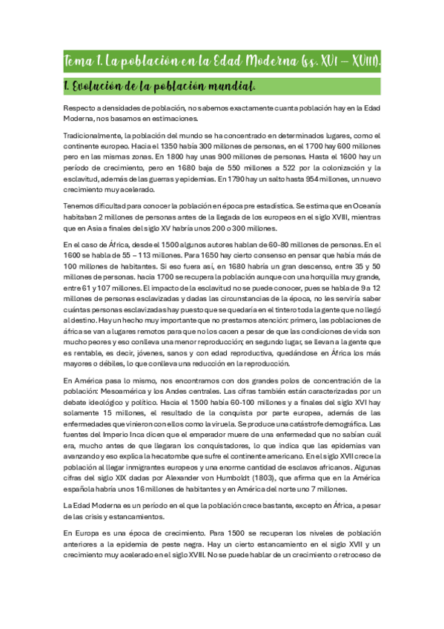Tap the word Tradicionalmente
tap(93, 135)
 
